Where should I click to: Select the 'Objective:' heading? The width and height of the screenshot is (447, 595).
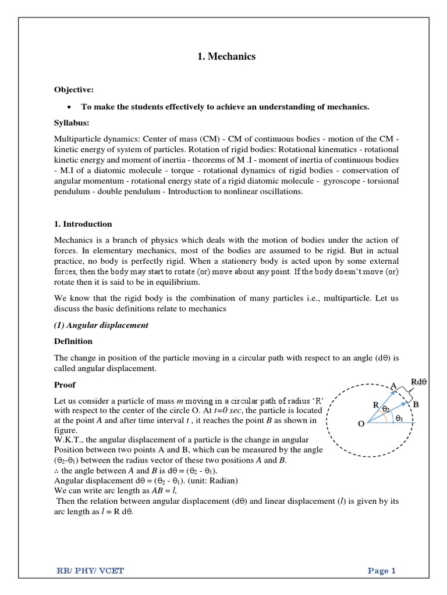(73, 89)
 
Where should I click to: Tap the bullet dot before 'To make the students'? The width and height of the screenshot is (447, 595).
(69, 107)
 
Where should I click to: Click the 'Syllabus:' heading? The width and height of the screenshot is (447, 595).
(72, 123)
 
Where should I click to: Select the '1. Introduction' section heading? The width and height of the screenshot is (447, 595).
(83, 224)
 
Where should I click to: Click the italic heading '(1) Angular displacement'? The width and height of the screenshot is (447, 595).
(101, 325)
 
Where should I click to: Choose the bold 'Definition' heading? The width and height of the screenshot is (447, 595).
(73, 341)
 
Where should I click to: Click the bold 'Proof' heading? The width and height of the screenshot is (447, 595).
(65, 385)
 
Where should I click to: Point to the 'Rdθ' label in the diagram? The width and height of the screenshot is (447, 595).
(419, 382)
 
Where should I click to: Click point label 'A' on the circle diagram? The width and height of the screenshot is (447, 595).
(393, 386)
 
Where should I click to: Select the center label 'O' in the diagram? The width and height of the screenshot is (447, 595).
(361, 424)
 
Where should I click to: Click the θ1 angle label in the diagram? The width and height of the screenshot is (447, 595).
(399, 418)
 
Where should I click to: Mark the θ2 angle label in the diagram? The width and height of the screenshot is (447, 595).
(386, 409)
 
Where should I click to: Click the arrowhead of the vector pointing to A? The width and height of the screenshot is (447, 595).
(397, 393)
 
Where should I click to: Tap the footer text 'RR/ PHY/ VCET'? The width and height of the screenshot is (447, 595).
(88, 571)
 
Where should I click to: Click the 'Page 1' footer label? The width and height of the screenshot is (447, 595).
(381, 571)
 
